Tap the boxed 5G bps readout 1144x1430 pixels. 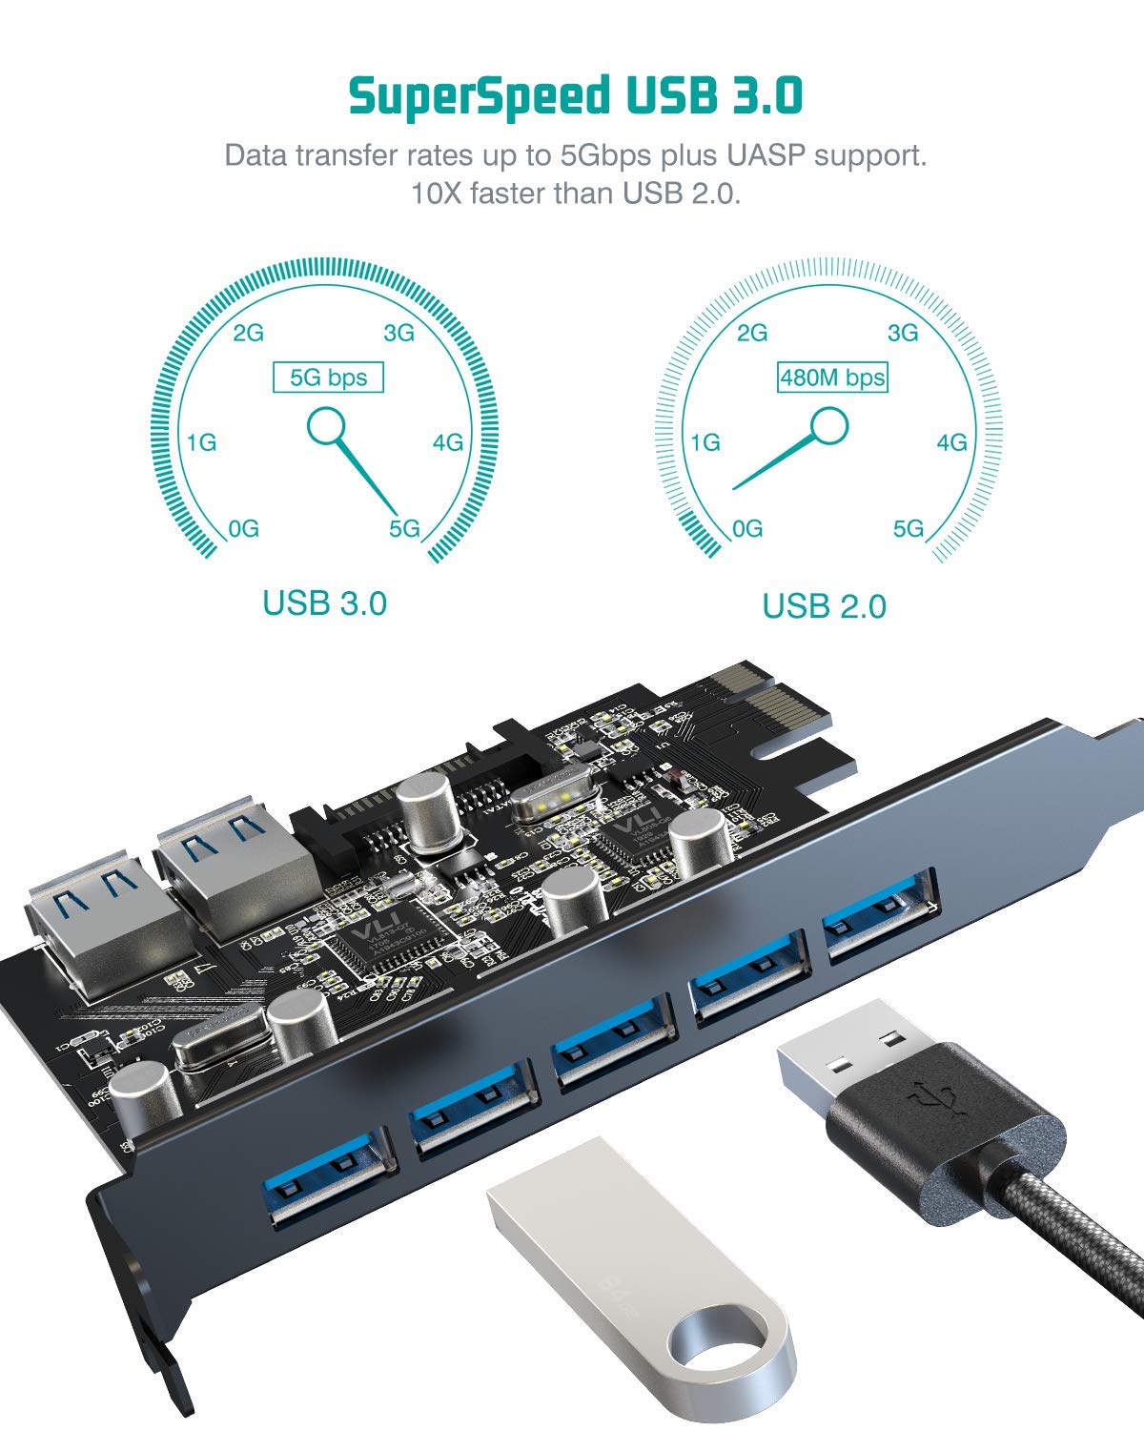pyautogui.click(x=328, y=378)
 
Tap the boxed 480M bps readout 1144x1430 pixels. pyautogui.click(x=832, y=378)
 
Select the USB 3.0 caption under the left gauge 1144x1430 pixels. pyautogui.click(x=324, y=603)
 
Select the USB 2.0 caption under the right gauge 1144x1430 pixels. pyautogui.click(x=824, y=606)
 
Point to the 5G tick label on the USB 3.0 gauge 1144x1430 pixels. pyautogui.click(x=405, y=529)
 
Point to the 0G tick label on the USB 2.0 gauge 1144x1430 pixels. pyautogui.click(x=747, y=529)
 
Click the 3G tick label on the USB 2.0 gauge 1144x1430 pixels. pyautogui.click(x=903, y=333)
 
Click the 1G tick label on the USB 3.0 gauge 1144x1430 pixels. pyautogui.click(x=201, y=442)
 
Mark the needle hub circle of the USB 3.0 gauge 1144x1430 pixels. pyautogui.click(x=326, y=425)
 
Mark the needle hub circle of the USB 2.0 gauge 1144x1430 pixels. pyautogui.click(x=829, y=425)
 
